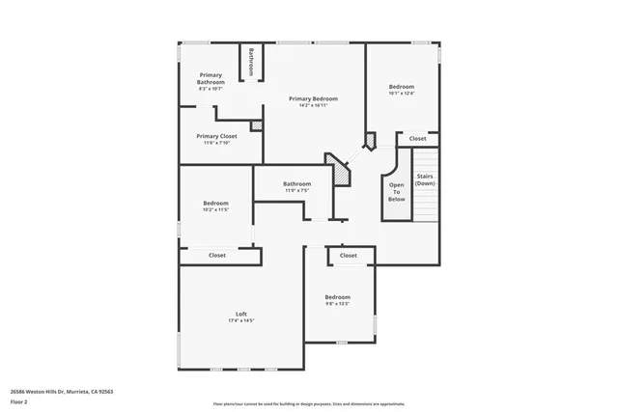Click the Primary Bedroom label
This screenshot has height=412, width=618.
313,98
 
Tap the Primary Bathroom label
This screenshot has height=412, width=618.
211,78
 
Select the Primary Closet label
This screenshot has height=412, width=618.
216,136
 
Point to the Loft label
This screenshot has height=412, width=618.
241,314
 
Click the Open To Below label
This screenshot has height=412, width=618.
396,191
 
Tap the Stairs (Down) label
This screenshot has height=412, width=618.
425,179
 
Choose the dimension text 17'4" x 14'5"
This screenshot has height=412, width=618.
241,321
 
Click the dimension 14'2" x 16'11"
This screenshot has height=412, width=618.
313,106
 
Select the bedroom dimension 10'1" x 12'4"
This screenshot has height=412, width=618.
401,93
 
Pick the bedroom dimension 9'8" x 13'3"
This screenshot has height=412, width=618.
337,304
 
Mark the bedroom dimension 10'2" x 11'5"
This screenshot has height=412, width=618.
215,209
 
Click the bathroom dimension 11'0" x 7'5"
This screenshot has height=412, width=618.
296,190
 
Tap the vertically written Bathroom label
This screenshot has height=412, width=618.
251,62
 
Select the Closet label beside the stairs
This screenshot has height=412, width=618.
417,139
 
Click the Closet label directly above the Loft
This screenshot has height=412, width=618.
217,255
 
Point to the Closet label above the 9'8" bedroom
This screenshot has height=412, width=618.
348,256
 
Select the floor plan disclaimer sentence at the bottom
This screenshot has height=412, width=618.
308,403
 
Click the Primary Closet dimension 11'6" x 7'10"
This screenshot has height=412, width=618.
216,144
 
